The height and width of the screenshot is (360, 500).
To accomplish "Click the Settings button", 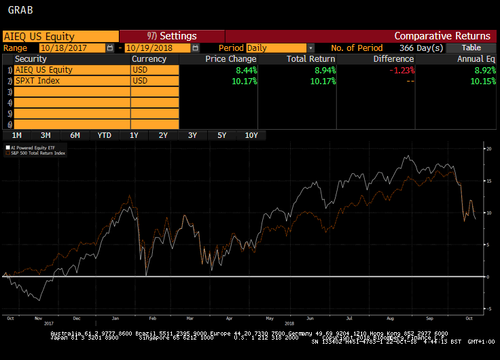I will pyautogui.click(x=172, y=36).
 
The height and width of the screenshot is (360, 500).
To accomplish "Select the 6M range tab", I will pyautogui.click(x=75, y=135).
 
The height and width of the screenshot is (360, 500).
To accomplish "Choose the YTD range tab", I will pyautogui.click(x=104, y=135).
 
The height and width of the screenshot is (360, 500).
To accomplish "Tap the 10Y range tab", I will pyautogui.click(x=251, y=135).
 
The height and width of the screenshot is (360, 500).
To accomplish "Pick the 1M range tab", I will pyautogui.click(x=16, y=135).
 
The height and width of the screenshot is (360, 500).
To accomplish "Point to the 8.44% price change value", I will pyautogui.click(x=244, y=70).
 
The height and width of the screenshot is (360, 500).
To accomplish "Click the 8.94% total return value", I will pyautogui.click(x=323, y=70).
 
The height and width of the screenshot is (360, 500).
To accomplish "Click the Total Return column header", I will pyautogui.click(x=310, y=59).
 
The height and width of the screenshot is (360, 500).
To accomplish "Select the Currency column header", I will pyautogui.click(x=149, y=59).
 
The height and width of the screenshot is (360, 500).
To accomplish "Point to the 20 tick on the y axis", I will pyautogui.click(x=488, y=148).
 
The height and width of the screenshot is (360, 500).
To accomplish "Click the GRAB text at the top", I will pyautogui.click(x=20, y=11).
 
